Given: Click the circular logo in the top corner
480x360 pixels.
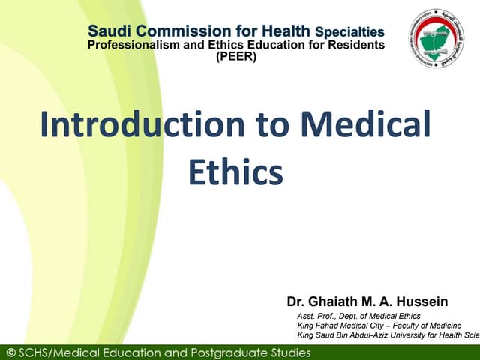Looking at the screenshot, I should point(436,39).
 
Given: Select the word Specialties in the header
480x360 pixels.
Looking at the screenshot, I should point(349,32).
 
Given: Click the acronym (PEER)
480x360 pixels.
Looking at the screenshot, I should point(235,56).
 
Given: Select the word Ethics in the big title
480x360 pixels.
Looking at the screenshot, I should point(235,172).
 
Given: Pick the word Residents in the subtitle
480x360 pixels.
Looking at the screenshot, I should point(358,45).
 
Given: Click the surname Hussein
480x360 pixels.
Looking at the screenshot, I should point(421,301).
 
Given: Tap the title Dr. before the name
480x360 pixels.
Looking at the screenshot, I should point(295,301).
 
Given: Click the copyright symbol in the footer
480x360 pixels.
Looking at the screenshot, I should point(10,352).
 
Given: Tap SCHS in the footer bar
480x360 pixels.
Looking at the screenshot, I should point(38,352).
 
